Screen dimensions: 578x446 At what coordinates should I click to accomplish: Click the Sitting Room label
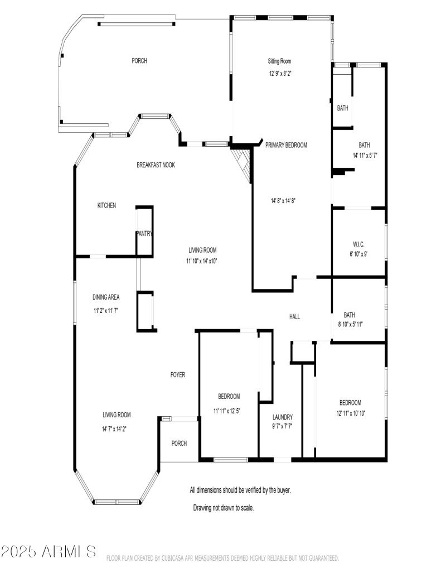pos(279,61)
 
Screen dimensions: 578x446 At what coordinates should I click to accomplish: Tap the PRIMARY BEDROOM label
pos(286,145)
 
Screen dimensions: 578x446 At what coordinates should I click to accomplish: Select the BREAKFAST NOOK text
pos(156,165)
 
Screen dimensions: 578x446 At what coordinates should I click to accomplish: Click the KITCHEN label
pos(106,206)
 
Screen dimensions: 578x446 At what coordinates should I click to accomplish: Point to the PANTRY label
pos(144,234)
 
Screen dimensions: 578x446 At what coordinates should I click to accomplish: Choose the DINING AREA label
pos(106,297)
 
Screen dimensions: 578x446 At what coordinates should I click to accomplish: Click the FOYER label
pos(178,375)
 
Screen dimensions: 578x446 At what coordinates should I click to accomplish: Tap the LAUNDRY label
pos(283,417)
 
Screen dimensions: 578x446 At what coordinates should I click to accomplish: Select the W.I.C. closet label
pos(358,244)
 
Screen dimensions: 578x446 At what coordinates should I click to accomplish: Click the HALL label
pos(294,317)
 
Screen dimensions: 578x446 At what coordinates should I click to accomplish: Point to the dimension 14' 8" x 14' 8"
pos(287,201)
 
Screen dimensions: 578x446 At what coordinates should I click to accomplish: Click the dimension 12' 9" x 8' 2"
pos(279,73)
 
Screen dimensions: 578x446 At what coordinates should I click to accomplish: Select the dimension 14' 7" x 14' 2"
pos(117,429)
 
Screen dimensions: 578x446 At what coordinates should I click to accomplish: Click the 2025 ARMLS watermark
pos(49,552)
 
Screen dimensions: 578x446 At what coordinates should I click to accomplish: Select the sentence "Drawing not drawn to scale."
pos(224,508)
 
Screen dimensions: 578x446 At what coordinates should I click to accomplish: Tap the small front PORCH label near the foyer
pos(179,444)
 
